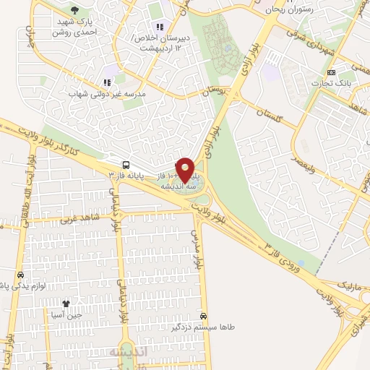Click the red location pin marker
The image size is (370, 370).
pyautogui.click(x=186, y=169)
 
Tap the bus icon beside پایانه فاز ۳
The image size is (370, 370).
pyautogui.click(x=127, y=165)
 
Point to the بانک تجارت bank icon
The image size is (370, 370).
pyautogui.click(x=332, y=72)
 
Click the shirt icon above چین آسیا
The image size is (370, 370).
pyautogui.click(x=66, y=304)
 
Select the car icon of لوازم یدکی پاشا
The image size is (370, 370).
pyautogui.click(x=20, y=275)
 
